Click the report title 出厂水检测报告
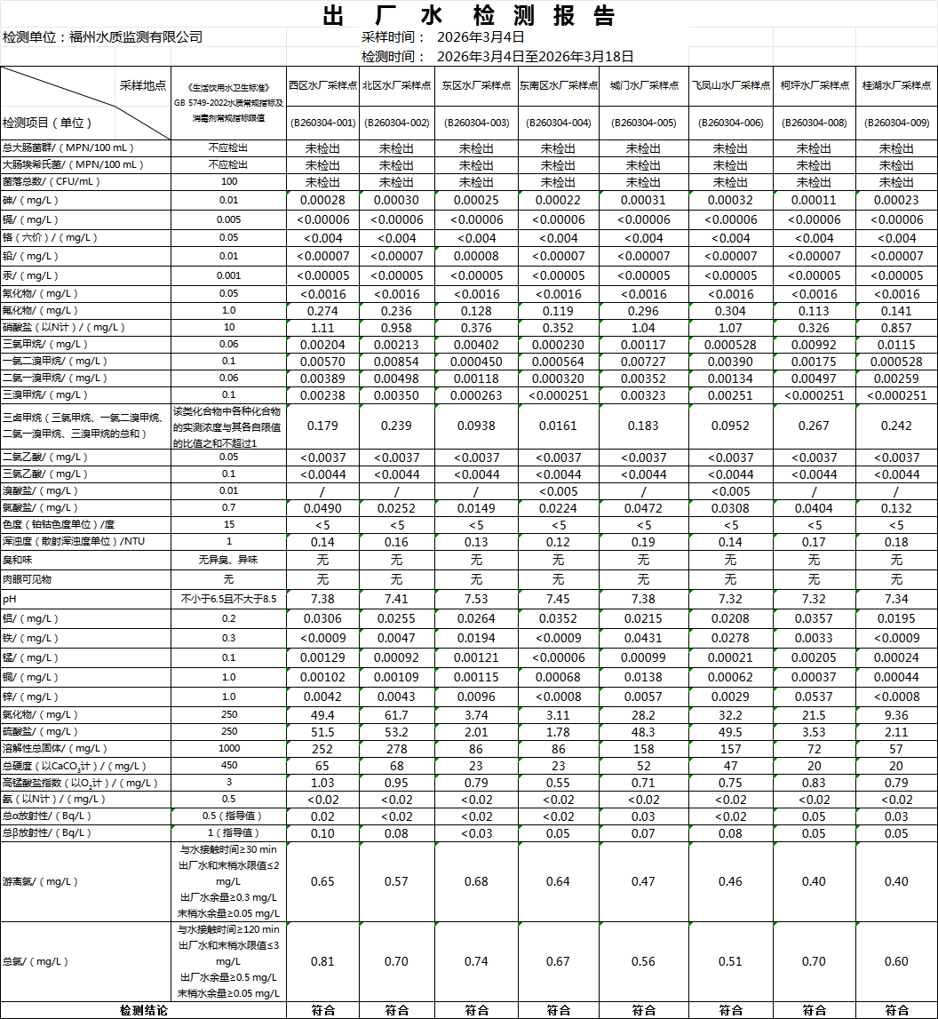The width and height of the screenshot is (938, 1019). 469,16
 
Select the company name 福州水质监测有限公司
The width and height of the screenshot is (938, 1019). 136,36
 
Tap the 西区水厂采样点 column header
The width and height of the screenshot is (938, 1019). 322,85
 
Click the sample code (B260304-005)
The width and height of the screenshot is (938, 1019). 642,123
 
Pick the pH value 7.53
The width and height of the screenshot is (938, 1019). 476,599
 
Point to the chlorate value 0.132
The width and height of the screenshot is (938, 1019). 896,508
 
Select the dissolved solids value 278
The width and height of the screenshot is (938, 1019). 396,748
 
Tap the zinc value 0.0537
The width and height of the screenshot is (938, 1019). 814,697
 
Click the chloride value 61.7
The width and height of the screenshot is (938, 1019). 396,715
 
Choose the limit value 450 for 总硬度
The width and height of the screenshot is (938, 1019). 229,765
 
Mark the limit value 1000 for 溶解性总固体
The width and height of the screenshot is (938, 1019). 229,748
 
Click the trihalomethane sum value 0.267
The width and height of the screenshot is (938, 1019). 814,426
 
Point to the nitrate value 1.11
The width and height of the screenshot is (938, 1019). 322,328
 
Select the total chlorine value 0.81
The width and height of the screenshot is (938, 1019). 322,961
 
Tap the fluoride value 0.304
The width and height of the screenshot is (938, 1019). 729,311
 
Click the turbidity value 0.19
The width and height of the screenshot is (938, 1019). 642,542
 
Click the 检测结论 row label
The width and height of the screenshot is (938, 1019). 143,1010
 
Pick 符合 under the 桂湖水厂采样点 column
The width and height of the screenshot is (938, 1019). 896,1010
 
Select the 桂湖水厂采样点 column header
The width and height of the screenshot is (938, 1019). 896,85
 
